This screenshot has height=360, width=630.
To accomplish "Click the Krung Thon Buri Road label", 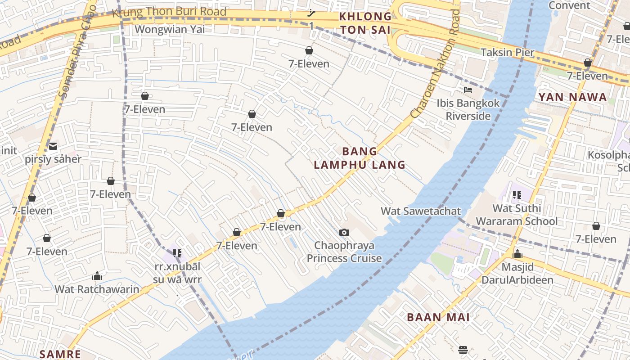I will [169, 12].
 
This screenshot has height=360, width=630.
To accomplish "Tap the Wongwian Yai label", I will [170, 29].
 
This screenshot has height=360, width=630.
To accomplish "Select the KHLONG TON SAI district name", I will [365, 23].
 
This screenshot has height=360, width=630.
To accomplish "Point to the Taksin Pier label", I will [508, 52].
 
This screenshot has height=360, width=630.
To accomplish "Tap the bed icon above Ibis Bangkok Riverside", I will [468, 90].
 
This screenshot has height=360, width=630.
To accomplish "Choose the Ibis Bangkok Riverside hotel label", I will [468, 109].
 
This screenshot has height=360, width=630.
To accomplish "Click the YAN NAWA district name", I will [572, 97].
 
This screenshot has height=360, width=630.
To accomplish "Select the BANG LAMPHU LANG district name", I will [360, 158].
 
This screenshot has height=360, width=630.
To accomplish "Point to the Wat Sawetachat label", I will [421, 211].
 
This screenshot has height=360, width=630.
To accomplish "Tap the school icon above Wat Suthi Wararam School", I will [517, 195].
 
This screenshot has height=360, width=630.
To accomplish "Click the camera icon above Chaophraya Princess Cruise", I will [344, 232].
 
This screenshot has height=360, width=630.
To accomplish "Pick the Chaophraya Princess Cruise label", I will [344, 252].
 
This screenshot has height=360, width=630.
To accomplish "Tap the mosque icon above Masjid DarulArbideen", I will [517, 254].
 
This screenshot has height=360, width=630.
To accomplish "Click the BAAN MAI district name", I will [438, 317].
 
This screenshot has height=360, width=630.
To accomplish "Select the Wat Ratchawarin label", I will [97, 289].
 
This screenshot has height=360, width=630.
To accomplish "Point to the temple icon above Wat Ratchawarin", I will [97, 276].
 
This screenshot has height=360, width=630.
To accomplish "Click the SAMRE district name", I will [60, 354].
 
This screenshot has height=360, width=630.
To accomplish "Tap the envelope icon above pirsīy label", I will [53, 146].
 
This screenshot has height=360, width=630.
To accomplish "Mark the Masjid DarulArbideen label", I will [517, 273].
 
